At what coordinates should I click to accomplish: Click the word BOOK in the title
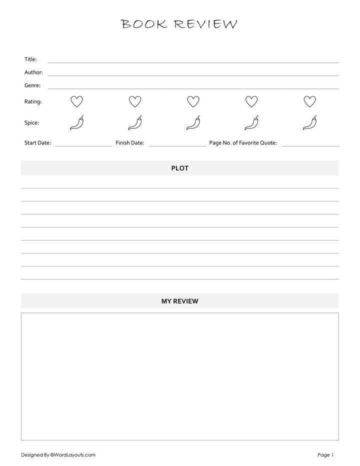coord(144,24)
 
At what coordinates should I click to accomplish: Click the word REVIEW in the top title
coord(205,24)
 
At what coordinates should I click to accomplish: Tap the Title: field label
coord(30,59)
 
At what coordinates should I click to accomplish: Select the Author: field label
coord(33,72)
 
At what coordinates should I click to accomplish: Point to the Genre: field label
coord(32,85)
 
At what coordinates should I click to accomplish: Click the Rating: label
coord(33,102)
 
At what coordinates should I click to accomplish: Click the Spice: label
coord(31,123)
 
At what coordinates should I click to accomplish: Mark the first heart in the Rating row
coord(76,101)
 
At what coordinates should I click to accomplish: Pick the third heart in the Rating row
coord(193,101)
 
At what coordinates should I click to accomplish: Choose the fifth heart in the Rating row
coord(310,101)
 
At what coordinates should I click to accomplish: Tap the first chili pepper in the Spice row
coord(76,122)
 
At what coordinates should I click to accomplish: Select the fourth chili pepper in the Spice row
coord(251,122)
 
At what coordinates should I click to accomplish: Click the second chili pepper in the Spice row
coord(135,122)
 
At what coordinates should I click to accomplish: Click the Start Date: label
coord(37,143)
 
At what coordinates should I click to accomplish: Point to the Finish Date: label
coord(130,143)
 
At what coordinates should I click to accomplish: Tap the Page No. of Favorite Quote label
coord(243,143)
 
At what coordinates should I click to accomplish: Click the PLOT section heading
coord(180,168)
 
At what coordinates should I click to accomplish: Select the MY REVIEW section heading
coord(180,301)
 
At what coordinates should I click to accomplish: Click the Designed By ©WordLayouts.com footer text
coord(58,455)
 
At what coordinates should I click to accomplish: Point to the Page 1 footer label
coord(325,455)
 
